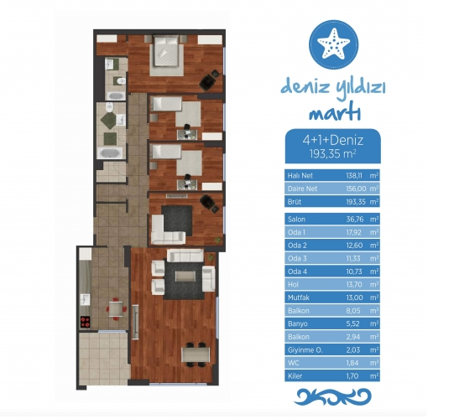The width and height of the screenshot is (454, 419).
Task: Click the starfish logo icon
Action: [333, 44]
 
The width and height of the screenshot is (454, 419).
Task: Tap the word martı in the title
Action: [335, 113]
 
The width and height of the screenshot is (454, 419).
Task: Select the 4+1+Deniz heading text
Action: [332, 140]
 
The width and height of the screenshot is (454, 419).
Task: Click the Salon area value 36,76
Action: [355, 220]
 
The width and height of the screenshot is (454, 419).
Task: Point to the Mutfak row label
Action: [299, 297]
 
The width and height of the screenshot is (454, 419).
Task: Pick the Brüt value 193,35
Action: [356, 202]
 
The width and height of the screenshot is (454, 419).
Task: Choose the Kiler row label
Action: [295, 376]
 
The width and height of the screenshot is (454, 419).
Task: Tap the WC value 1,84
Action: [352, 363]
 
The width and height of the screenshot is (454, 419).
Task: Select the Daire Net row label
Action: [302, 189]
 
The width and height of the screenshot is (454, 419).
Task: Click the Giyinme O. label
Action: [305, 350]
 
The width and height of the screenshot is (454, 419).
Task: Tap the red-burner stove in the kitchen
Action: [85, 322]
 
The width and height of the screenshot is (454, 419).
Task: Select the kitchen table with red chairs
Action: [116, 309]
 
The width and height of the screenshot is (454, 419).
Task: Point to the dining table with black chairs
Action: [196, 354]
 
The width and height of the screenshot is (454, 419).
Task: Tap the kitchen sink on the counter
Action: [85, 299]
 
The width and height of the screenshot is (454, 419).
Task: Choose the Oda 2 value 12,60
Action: [354, 246]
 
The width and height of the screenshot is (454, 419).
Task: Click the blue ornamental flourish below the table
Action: [332, 396]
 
